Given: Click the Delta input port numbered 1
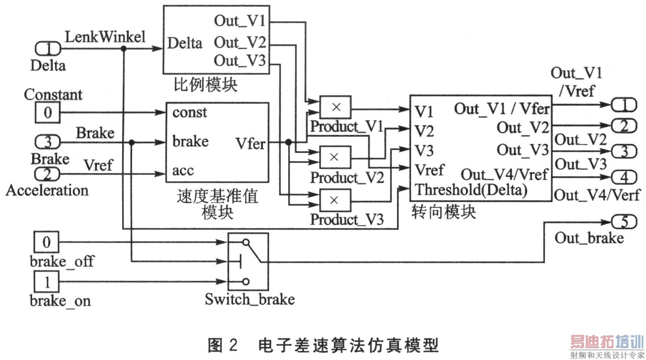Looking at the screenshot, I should [x=48, y=49].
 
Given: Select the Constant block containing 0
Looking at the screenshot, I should [x=47, y=113].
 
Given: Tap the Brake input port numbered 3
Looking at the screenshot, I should [x=48, y=142].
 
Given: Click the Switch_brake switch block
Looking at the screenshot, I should [x=248, y=262].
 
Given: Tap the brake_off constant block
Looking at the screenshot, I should [x=47, y=242].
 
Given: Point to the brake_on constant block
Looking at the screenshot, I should [x=47, y=282].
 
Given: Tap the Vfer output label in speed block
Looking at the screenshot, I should [x=250, y=144].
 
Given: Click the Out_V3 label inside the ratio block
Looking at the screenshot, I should [x=240, y=62].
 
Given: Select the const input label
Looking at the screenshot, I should [x=190, y=113].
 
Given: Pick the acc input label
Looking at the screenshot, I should [x=183, y=171].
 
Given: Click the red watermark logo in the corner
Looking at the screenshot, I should [x=607, y=342].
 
